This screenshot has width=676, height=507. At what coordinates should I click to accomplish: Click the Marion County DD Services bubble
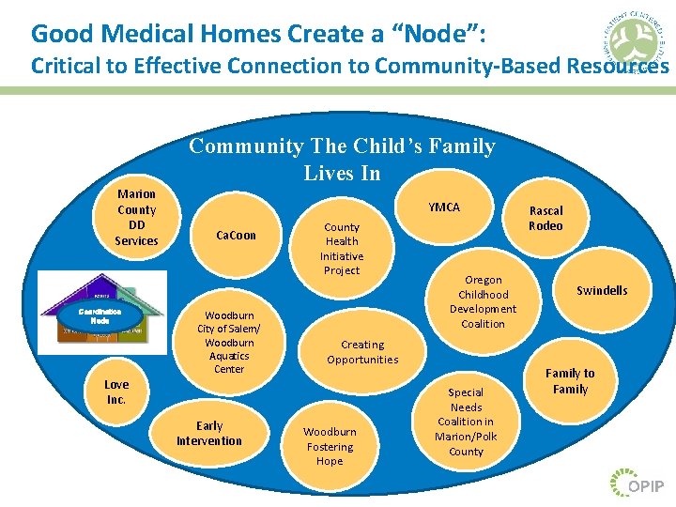tap(136, 218)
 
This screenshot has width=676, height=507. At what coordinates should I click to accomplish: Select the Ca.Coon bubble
tap(236, 236)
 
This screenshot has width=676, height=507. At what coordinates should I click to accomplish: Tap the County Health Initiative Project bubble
tap(342, 249)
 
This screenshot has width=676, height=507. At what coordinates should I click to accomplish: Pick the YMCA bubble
tap(444, 207)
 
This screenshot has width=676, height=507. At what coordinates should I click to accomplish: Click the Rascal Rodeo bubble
tap(545, 218)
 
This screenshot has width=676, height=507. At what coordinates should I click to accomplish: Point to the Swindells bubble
tap(602, 291)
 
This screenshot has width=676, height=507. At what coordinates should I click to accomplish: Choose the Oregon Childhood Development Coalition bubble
tap(483, 301)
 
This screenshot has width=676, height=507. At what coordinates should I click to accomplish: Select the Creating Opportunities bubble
tap(362, 352)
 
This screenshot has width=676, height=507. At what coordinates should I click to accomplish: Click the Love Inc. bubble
tap(116, 392)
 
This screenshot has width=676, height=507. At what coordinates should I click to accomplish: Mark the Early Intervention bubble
tap(209, 434)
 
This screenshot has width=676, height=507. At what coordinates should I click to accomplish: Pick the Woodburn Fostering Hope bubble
tap(330, 447)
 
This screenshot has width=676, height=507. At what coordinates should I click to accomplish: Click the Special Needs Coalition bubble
tap(466, 422)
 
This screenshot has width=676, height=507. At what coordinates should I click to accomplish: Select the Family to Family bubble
tap(570, 381)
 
